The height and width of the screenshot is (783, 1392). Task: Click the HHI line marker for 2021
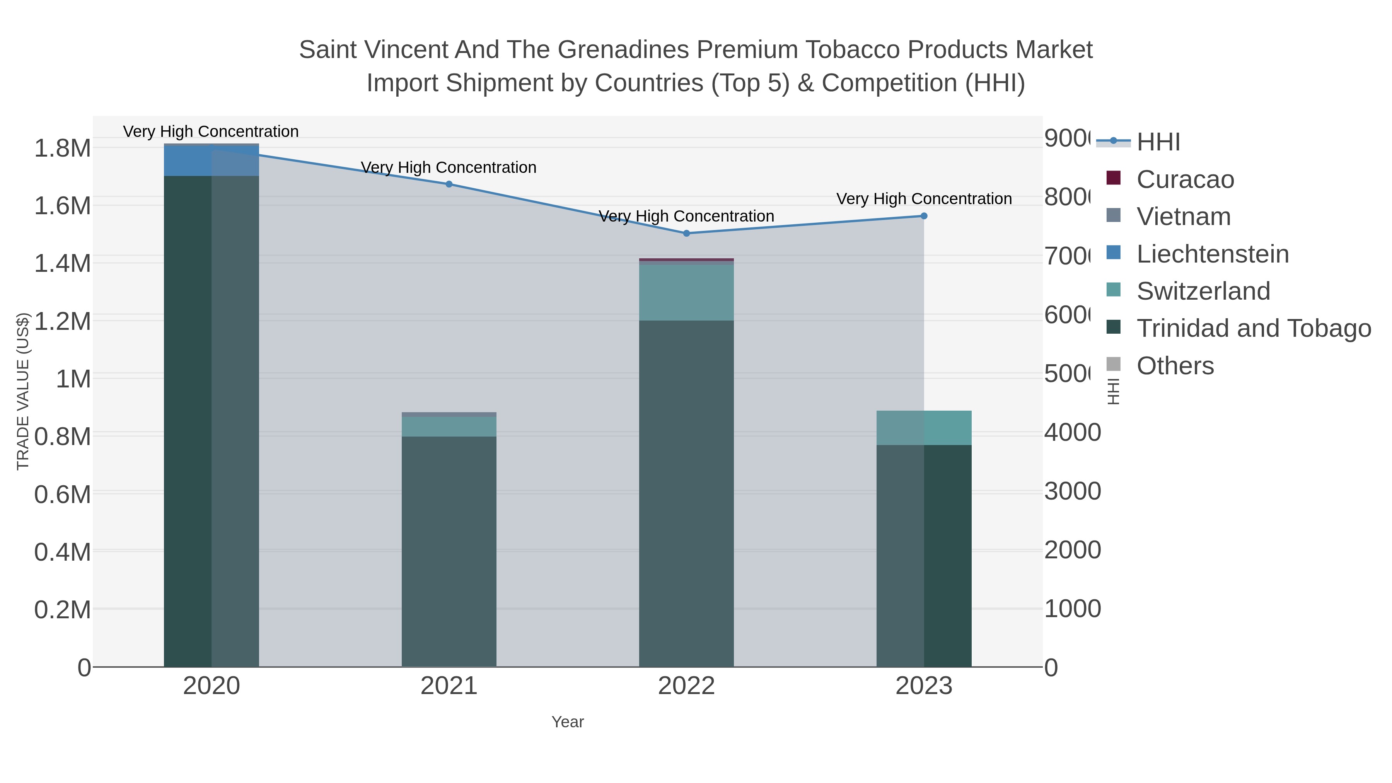(x=449, y=184)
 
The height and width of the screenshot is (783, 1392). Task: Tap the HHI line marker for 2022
(x=686, y=234)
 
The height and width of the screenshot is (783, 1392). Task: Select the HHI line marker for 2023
(x=923, y=216)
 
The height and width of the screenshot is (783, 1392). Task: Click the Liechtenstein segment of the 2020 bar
(x=211, y=160)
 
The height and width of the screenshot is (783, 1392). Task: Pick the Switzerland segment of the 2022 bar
(x=686, y=292)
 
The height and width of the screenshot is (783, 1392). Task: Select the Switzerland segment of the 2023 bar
(x=923, y=428)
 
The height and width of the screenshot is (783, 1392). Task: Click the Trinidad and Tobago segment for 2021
(x=449, y=551)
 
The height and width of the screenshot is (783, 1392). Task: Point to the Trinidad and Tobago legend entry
(x=1253, y=329)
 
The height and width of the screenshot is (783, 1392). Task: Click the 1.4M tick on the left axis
(x=62, y=264)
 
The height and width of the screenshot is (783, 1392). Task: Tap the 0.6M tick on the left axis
(x=62, y=495)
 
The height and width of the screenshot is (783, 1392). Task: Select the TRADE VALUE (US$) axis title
(x=23, y=391)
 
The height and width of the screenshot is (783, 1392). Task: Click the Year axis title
(x=567, y=722)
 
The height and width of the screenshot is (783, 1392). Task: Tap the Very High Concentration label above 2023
(x=923, y=199)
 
